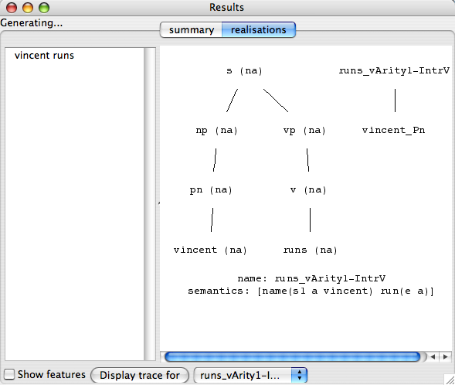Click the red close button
[x=12, y=8]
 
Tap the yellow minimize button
[x=28, y=8]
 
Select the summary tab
[x=192, y=29]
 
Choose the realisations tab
[x=259, y=29]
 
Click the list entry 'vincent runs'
[x=44, y=55]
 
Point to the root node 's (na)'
[x=244, y=71]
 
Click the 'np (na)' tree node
[x=217, y=131]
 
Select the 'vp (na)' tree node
[x=304, y=131]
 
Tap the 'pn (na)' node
[x=211, y=190]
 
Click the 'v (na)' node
[x=308, y=190]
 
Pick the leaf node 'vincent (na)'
[x=210, y=250]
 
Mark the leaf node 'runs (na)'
[x=311, y=250]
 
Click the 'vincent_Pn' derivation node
[x=393, y=130]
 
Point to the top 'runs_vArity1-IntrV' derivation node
[x=394, y=70]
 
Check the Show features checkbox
[x=9, y=374]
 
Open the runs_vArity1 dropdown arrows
[x=300, y=375]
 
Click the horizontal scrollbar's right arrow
[x=445, y=356]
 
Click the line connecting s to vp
[x=276, y=101]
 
